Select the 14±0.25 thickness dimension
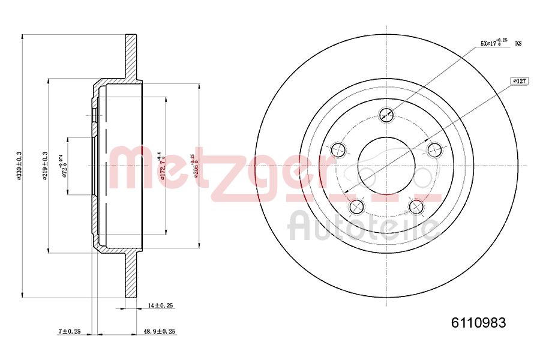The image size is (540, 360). [x=160, y=305]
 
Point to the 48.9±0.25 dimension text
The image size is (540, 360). [x=160, y=331]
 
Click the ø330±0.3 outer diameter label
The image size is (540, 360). [x=20, y=166]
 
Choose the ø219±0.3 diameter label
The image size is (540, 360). [x=45, y=166]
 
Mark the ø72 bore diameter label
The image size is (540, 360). [x=64, y=166]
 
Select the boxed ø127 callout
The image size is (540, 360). [x=519, y=80]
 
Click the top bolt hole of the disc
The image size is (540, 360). [x=387, y=114]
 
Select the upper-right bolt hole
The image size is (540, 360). [x=435, y=149]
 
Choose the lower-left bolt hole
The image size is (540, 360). [x=357, y=206]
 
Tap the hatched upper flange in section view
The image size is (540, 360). [x=130, y=57]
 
